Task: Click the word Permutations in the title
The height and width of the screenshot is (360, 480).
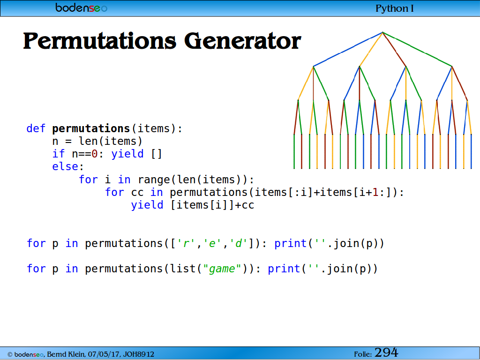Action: pos(100,41)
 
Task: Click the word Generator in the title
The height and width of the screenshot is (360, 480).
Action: pos(243,41)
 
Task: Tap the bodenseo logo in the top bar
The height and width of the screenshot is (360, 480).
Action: pos(81,7)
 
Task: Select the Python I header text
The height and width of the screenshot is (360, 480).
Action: pos(395,8)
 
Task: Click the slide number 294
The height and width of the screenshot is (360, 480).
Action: pos(386,352)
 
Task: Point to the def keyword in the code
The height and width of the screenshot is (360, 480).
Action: pos(36,128)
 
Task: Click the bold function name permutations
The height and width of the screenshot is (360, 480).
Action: pos(91,128)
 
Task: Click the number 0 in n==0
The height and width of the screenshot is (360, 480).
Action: pos(95,154)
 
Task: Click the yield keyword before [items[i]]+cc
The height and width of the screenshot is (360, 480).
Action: pos(147,205)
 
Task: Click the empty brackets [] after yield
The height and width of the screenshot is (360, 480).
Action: pos(157,154)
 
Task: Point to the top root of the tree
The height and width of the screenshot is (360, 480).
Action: pos(382,32)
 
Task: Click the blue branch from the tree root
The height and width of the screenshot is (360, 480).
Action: pos(348,49)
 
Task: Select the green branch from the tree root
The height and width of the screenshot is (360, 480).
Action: pos(417,49)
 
